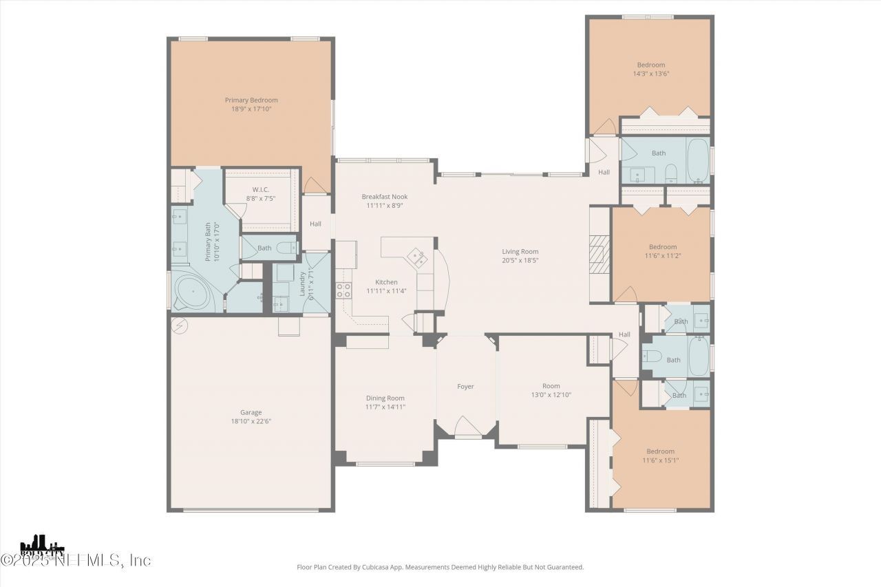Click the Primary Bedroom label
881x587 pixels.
coord(251,100)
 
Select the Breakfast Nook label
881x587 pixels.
coord(385,197)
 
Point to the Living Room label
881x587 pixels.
coord(520,252)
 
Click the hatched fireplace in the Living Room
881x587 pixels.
coord(599,255)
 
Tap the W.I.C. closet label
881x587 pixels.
coord(260,189)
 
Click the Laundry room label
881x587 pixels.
coord(302,284)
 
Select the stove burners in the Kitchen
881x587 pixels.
coord(343,290)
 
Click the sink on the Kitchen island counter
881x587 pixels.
coord(416,257)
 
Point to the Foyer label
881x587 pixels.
coord(465,387)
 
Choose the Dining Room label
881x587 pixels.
coord(385,398)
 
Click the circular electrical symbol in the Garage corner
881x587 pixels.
coord(179,325)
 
